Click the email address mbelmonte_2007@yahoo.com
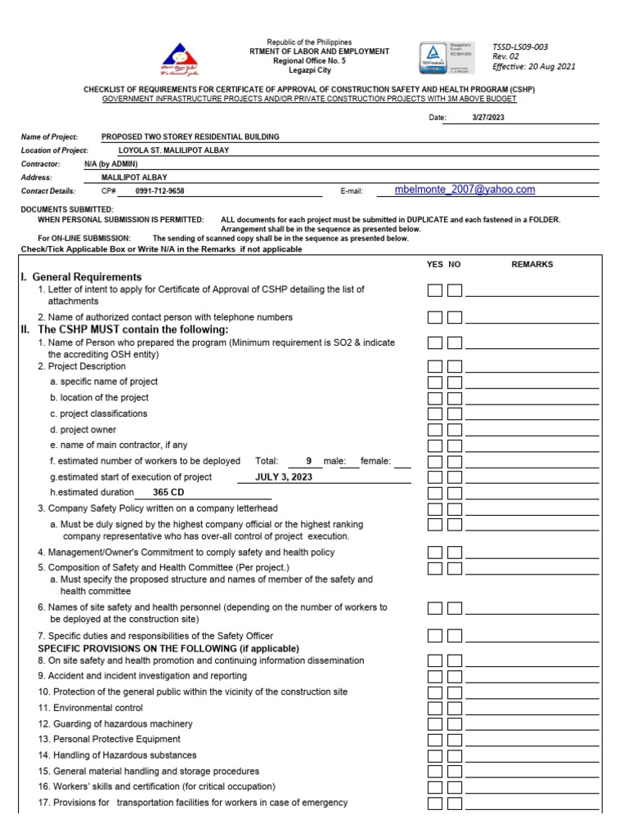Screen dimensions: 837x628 point(464,190)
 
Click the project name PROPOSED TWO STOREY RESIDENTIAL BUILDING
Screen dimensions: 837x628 point(190,137)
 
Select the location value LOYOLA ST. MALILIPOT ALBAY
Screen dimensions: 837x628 point(173,150)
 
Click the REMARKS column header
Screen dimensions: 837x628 point(532,265)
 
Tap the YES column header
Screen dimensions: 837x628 point(435,265)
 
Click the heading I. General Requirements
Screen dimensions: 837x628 point(81,277)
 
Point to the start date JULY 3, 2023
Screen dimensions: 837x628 point(284,477)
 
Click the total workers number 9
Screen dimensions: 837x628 point(308,461)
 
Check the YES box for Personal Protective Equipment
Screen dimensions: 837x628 point(435,740)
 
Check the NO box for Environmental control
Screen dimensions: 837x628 point(455,708)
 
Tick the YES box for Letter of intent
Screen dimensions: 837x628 point(435,290)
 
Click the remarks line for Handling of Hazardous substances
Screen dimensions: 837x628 point(532,758)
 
